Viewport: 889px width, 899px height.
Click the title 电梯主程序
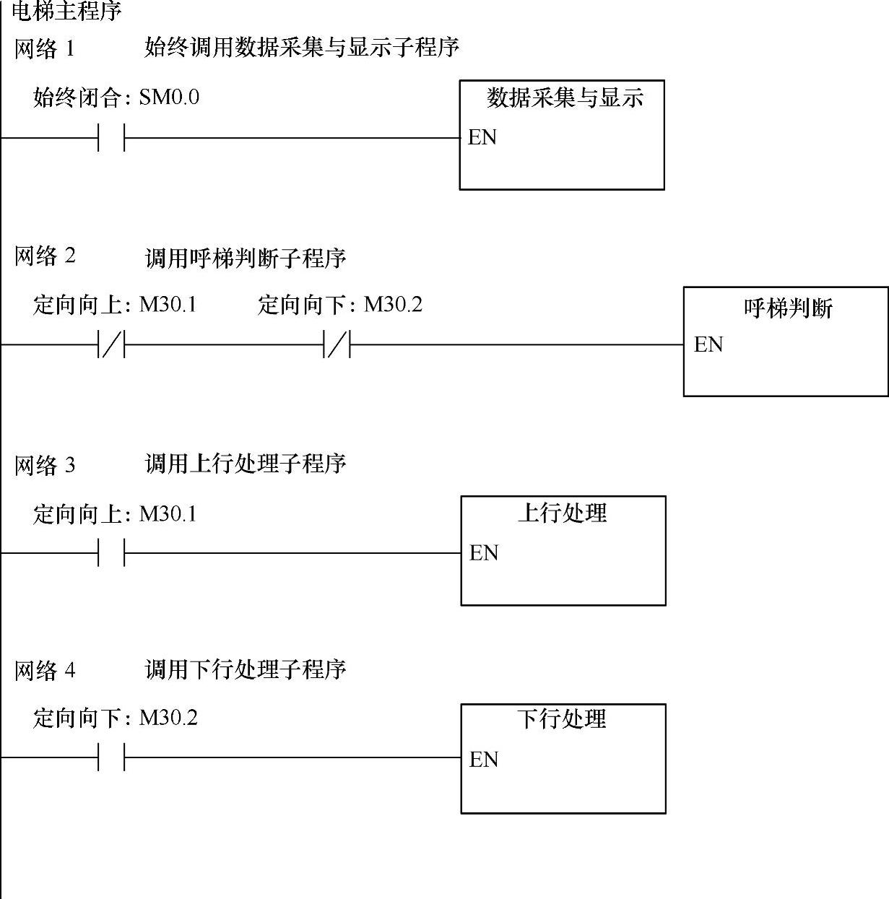(x=66, y=11)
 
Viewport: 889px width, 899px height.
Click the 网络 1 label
(x=44, y=49)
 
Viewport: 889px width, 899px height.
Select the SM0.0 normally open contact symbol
(x=111, y=137)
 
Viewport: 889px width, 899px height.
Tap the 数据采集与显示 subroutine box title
(x=565, y=97)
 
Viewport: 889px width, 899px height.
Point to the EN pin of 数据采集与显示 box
(x=482, y=137)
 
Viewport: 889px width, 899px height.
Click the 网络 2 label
(x=45, y=256)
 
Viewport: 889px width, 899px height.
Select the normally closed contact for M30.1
(x=111, y=345)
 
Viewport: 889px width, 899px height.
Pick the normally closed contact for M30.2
(x=337, y=345)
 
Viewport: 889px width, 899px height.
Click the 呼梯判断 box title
(x=788, y=308)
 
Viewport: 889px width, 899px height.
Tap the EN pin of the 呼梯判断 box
(x=708, y=344)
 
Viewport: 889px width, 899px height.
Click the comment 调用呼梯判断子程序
(x=246, y=258)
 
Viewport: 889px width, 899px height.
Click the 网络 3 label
(x=45, y=465)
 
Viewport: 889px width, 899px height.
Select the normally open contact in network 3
(x=111, y=553)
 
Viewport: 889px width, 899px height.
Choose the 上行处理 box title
(x=563, y=513)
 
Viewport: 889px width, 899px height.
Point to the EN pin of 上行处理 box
(x=483, y=553)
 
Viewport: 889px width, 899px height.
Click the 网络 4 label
(x=45, y=671)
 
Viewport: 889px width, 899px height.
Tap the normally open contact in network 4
(x=111, y=758)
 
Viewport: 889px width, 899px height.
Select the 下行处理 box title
(x=562, y=719)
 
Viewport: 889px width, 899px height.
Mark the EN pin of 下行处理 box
(x=483, y=759)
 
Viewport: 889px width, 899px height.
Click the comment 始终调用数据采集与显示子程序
(x=302, y=48)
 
